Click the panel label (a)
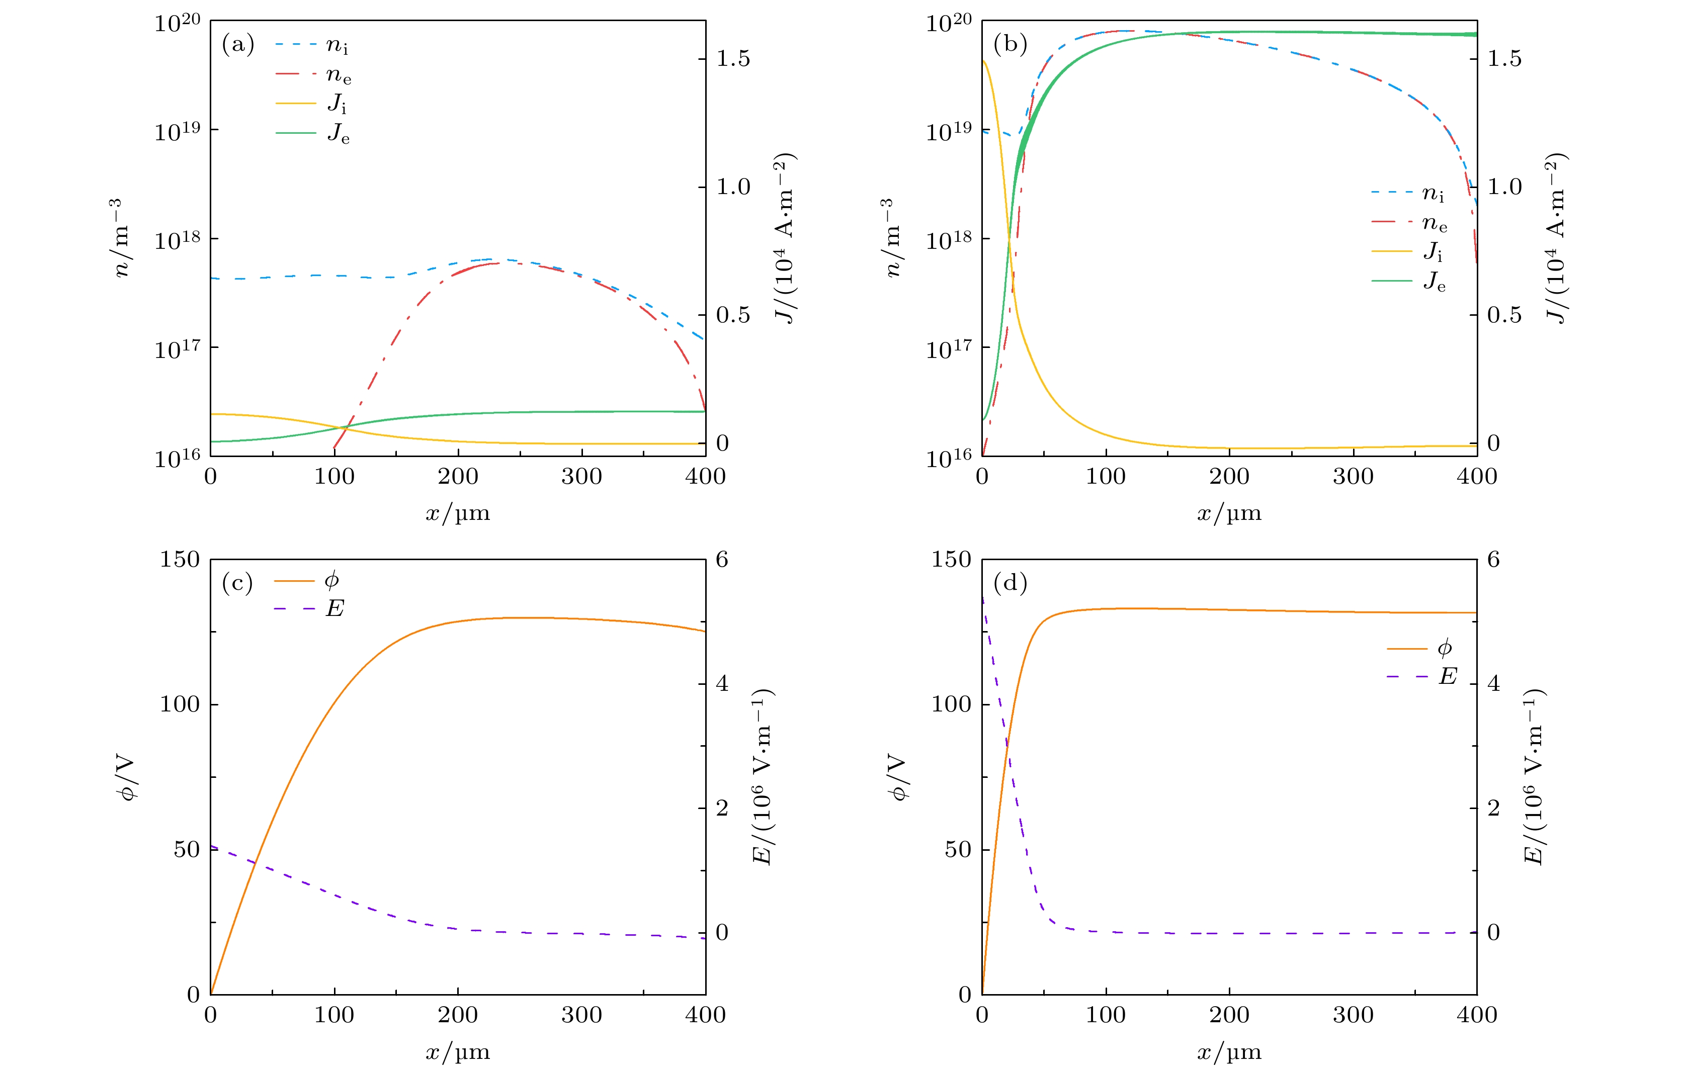pyautogui.click(x=237, y=45)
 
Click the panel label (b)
pyautogui.click(x=1010, y=45)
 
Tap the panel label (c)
pyautogui.click(x=237, y=583)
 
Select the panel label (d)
pyautogui.click(x=1010, y=583)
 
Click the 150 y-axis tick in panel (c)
pyautogui.click(x=180, y=560)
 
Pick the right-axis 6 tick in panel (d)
pyautogui.click(x=1493, y=560)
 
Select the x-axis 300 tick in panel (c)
pyautogui.click(x=581, y=1015)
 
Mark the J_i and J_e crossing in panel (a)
pyautogui.click(x=344, y=427)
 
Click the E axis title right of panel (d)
pyautogui.click(x=1534, y=776)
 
